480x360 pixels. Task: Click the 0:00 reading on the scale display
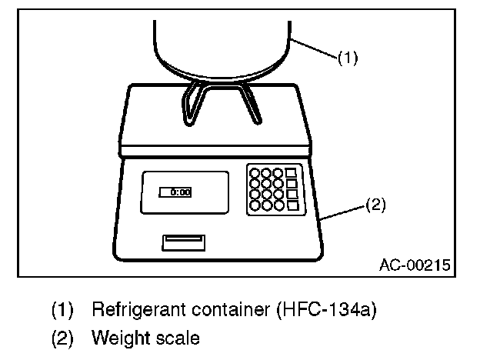click(x=180, y=192)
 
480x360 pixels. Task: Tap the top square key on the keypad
click(x=291, y=173)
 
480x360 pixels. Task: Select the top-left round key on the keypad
click(x=255, y=173)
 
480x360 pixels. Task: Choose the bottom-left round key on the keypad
click(x=255, y=205)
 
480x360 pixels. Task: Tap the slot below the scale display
click(x=182, y=243)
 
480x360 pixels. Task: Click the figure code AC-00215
click(x=415, y=265)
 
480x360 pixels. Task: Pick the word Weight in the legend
click(x=115, y=337)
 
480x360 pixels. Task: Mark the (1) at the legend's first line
click(x=62, y=311)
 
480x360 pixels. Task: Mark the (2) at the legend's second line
click(x=62, y=337)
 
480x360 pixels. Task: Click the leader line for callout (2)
click(x=342, y=212)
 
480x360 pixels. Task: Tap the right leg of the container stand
click(x=252, y=104)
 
